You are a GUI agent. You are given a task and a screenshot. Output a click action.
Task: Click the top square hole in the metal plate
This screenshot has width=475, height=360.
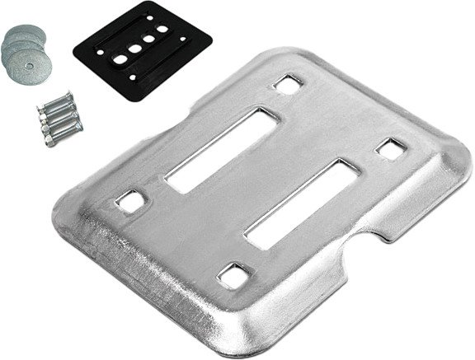click(287, 83)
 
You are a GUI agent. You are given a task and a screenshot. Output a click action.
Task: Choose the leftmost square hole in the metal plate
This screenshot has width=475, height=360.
click(129, 200)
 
